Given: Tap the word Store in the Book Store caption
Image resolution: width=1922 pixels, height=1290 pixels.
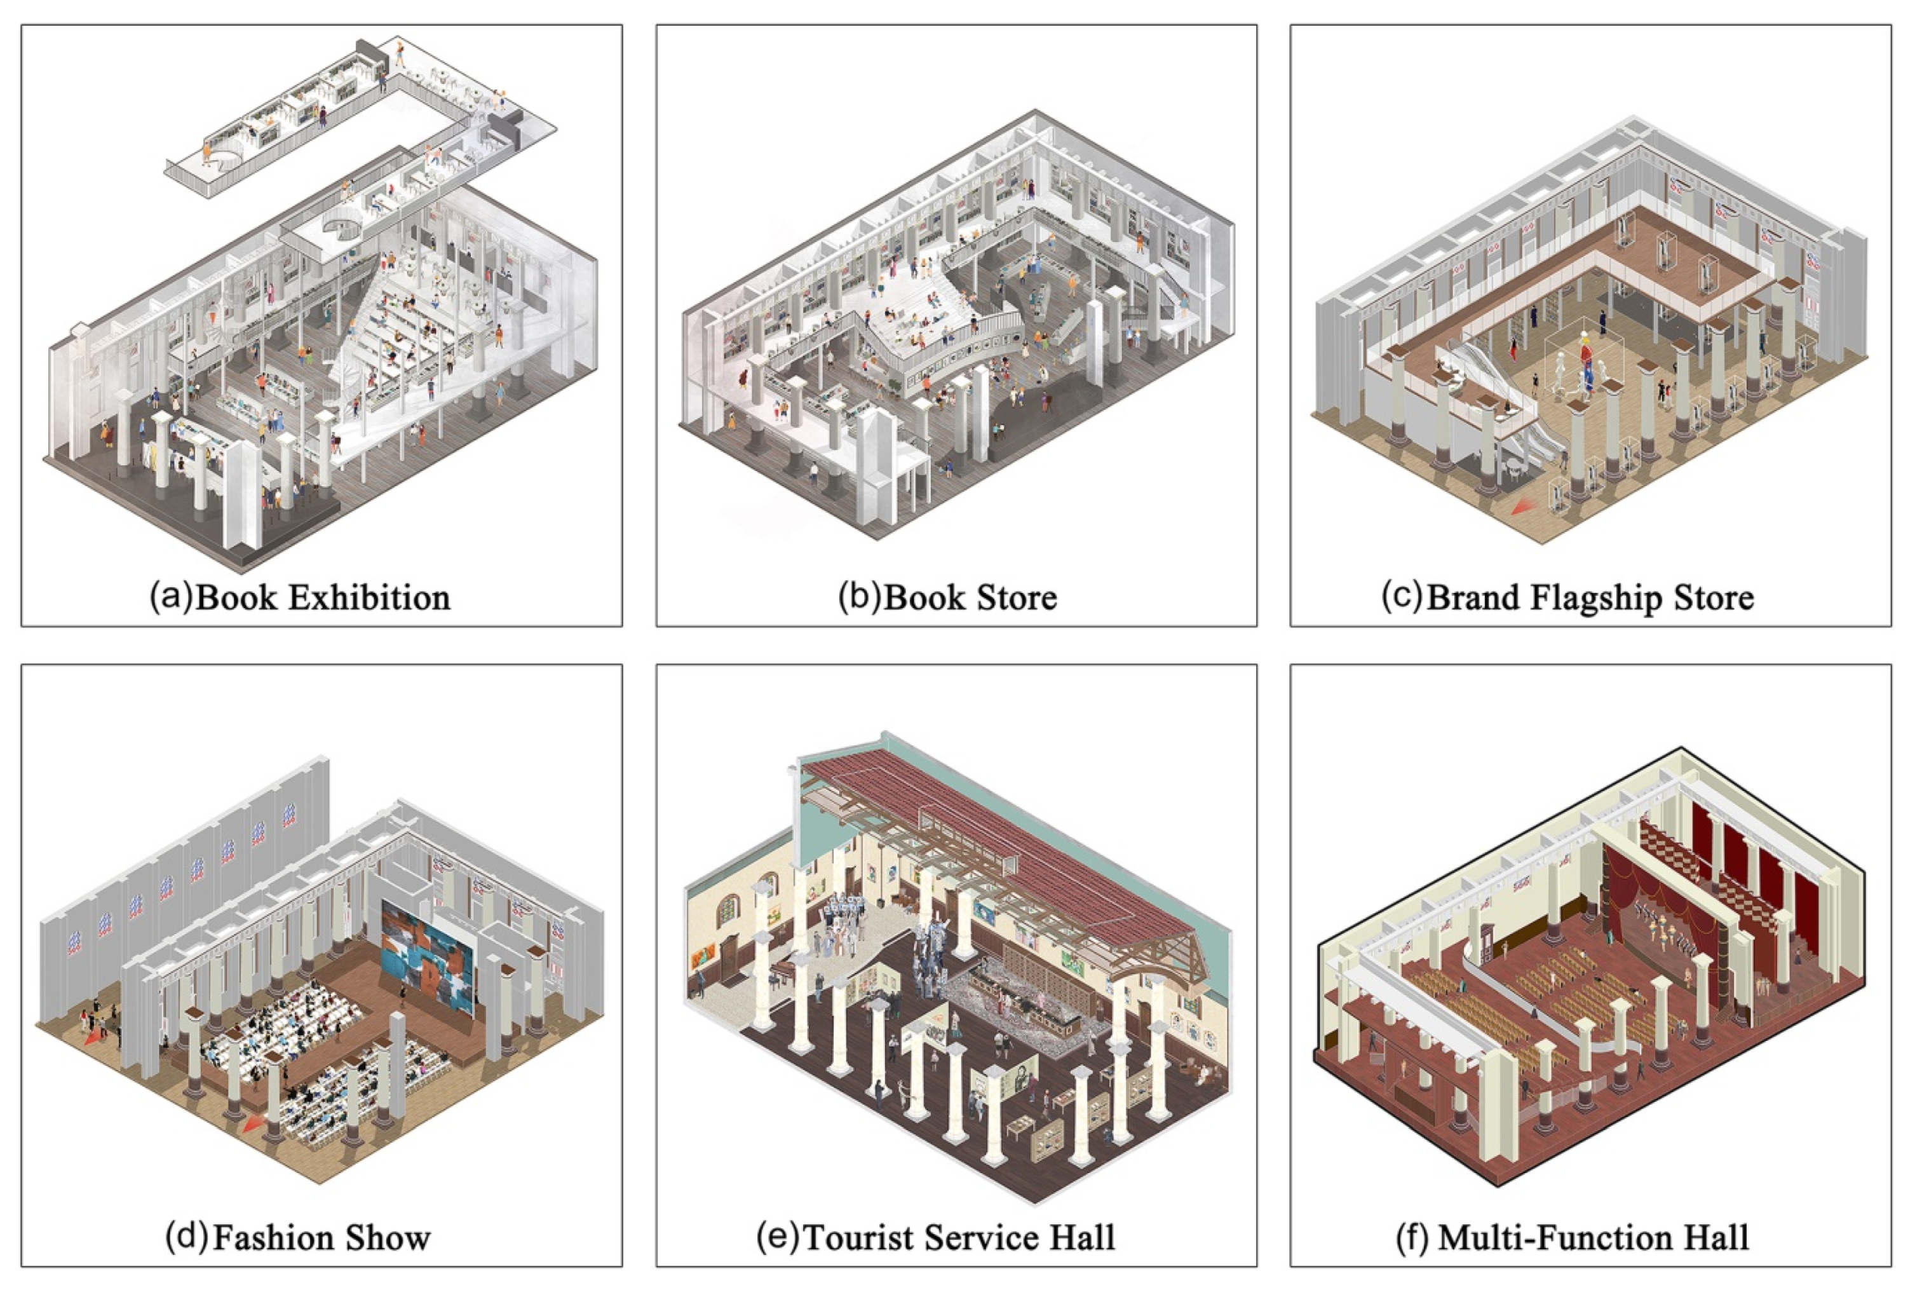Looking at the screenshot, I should point(1017,598).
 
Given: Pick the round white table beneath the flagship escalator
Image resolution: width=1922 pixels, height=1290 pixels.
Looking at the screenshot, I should point(1515,466).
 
